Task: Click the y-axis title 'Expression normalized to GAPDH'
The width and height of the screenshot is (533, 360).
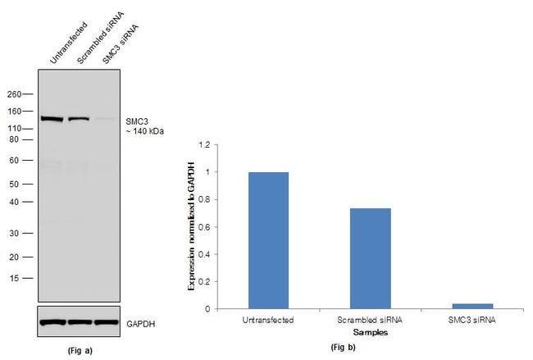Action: [x=193, y=226]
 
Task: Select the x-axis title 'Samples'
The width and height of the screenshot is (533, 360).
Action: [x=367, y=332]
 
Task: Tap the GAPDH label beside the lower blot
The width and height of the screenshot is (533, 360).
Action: [x=140, y=323]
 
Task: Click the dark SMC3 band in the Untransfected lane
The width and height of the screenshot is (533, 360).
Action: [x=52, y=119]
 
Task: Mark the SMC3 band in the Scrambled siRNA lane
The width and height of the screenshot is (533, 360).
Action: [x=79, y=119]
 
